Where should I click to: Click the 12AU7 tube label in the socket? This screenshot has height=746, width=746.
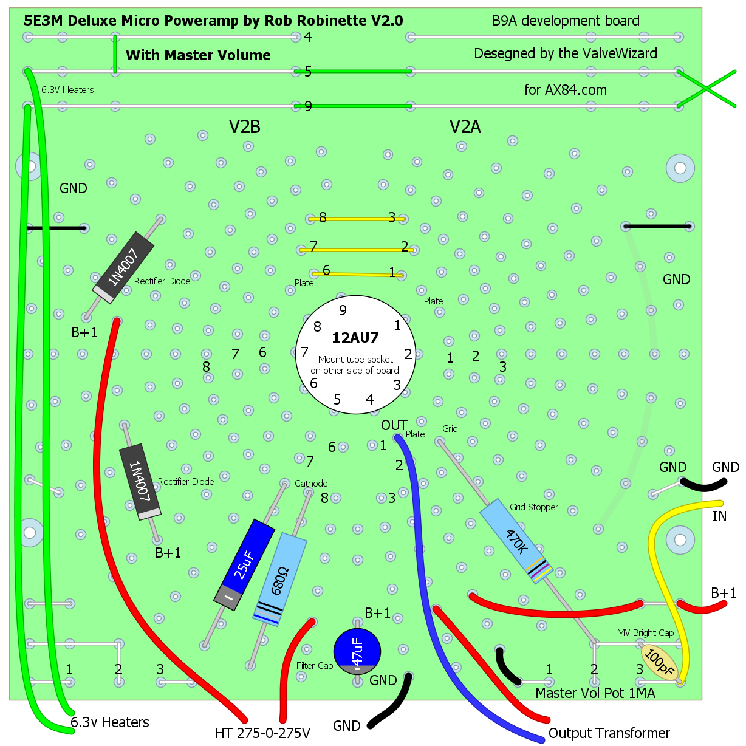click(x=355, y=338)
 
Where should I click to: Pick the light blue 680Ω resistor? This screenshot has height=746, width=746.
click(x=279, y=579)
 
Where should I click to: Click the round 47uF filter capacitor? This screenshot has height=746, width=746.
click(x=357, y=651)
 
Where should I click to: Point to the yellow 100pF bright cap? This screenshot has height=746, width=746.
click(x=659, y=662)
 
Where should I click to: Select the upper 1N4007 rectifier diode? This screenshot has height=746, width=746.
click(x=124, y=268)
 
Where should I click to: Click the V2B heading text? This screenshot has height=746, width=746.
click(x=245, y=127)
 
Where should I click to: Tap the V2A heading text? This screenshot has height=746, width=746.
click(x=465, y=127)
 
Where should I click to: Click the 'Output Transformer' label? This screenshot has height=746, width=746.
click(x=609, y=733)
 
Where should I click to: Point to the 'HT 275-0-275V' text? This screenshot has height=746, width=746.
click(x=262, y=733)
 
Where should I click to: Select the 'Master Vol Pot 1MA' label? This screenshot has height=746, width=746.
click(x=595, y=693)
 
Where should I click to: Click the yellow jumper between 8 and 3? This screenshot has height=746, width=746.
click(x=357, y=218)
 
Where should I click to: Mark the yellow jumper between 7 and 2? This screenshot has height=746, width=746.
click(x=357, y=249)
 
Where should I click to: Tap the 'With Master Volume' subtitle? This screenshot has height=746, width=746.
click(x=198, y=55)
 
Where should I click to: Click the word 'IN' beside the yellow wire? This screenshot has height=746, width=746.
click(x=719, y=516)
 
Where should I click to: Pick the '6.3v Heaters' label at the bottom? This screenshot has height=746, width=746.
click(x=110, y=722)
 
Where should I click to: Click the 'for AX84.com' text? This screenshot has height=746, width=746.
click(x=565, y=90)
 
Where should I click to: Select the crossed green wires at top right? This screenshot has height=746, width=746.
click(x=707, y=89)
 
